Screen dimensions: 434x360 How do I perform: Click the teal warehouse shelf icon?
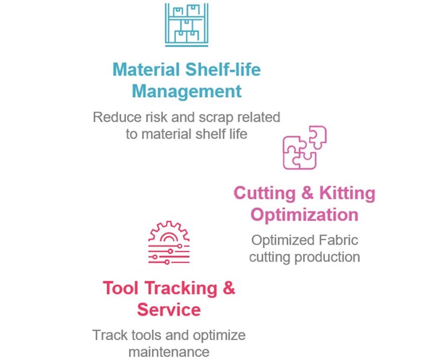click(x=186, y=25)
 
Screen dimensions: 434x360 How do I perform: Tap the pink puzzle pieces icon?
click(x=305, y=147)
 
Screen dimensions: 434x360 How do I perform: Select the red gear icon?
click(x=169, y=242)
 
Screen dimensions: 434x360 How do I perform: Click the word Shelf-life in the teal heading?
click(x=223, y=69)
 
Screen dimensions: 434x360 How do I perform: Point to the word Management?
click(x=186, y=92)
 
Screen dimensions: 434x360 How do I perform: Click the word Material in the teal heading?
click(x=146, y=69)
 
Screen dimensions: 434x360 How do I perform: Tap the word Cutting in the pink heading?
click(x=265, y=193)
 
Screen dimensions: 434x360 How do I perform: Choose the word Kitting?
click(x=347, y=193)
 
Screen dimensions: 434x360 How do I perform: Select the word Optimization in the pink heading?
click(x=304, y=215)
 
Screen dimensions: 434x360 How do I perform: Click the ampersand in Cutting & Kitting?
click(x=307, y=193)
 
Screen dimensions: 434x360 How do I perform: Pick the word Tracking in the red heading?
click(x=181, y=289)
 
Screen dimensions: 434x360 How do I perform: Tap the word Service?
click(x=169, y=309)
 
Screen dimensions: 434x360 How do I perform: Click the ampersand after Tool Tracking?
click(x=228, y=288)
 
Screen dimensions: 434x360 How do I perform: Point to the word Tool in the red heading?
click(x=121, y=288)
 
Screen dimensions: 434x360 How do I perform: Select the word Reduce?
click(x=118, y=117)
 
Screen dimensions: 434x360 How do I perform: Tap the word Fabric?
click(x=338, y=240)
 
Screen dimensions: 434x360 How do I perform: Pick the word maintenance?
click(x=169, y=352)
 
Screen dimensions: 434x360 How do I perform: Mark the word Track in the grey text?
click(x=110, y=335)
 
